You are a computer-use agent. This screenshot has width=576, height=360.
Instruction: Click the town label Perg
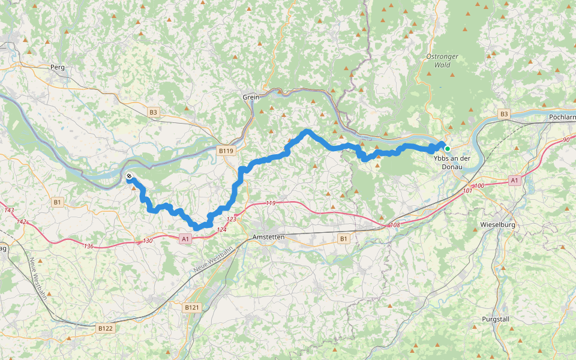click(x=58, y=67)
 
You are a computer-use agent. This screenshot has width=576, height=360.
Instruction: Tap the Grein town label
click(x=251, y=97)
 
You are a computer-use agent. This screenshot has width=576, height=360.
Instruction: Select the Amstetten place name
click(x=269, y=238)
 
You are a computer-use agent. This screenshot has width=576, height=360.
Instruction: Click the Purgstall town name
click(x=496, y=319)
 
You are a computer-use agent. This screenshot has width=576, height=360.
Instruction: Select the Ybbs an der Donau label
click(x=451, y=163)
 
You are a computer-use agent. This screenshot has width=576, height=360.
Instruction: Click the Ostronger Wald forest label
click(x=442, y=61)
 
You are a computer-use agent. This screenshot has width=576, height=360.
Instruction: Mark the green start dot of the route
click(x=447, y=148)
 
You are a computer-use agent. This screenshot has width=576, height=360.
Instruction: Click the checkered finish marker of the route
click(x=129, y=176)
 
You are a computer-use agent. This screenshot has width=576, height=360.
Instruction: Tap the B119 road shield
click(x=226, y=151)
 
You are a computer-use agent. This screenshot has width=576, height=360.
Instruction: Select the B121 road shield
click(x=191, y=307)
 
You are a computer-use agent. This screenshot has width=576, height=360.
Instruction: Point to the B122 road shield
click(x=105, y=328)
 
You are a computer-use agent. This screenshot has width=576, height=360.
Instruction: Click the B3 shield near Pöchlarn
click(x=503, y=114)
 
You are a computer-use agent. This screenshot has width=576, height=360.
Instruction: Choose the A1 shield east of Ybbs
click(x=514, y=179)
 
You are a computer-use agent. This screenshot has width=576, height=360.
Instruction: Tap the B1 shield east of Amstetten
click(x=343, y=239)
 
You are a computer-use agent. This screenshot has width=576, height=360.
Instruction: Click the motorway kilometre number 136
click(x=89, y=246)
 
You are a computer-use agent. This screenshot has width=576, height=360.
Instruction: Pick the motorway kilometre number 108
click(x=394, y=225)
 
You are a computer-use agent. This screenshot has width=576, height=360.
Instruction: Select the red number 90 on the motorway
click(x=566, y=140)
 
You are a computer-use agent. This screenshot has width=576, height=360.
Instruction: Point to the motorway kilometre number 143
click(x=8, y=210)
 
